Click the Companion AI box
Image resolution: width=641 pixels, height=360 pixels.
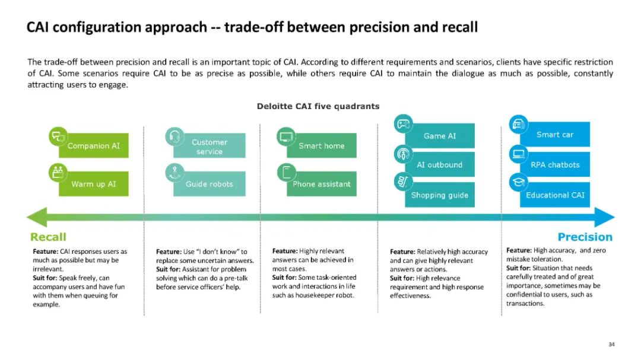pos(94,145)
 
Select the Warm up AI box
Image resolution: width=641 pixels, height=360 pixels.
pos(94,184)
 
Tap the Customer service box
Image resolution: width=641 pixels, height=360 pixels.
pos(210,146)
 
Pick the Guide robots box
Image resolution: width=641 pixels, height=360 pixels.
pos(210,184)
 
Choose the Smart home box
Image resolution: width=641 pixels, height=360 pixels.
pos(322,146)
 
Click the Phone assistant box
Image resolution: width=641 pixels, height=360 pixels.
pos(322,184)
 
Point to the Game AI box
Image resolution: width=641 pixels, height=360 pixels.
pos(440,136)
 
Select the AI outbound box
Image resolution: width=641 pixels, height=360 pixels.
pos(440,165)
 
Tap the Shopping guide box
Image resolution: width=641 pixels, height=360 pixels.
pos(440,195)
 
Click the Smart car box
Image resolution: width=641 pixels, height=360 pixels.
pos(555,135)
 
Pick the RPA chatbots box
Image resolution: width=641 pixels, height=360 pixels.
pos(555,165)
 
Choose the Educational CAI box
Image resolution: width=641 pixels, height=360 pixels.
pos(555,195)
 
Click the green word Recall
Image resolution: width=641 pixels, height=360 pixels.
pos(49,237)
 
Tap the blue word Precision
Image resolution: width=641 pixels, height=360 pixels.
pos(585,237)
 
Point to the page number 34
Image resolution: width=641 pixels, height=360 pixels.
pos(612,344)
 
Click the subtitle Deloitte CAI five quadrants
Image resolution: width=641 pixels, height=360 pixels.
pos(318,106)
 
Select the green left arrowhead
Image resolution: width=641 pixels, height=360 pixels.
pos(36,217)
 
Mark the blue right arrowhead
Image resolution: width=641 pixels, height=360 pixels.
pos(607,217)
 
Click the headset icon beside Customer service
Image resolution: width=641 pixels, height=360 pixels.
pos(174,136)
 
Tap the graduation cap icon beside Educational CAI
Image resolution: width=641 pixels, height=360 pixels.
pos(519,183)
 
